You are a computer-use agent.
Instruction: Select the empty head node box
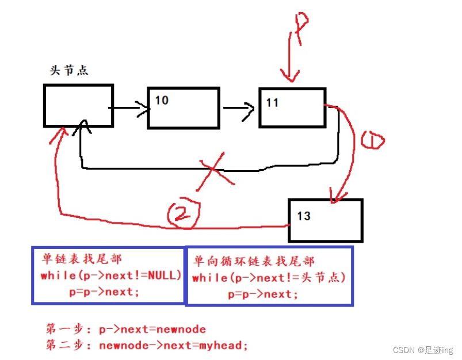click(78, 105)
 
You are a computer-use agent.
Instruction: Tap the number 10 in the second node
click(162, 101)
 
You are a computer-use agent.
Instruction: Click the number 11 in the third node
click(272, 102)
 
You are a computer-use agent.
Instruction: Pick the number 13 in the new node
click(304, 216)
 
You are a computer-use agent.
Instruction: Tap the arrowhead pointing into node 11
click(250, 108)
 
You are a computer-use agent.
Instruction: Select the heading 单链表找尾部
click(82, 259)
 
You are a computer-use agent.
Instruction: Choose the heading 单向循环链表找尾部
click(254, 261)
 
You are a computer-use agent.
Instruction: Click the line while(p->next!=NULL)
click(111, 275)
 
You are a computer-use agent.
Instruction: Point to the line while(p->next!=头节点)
click(269, 278)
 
